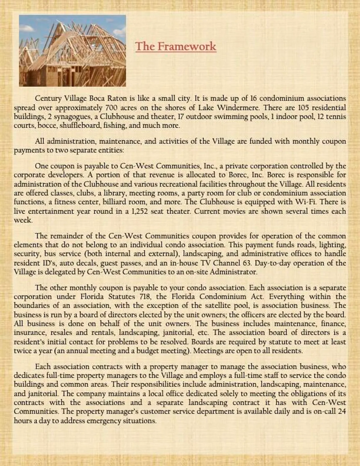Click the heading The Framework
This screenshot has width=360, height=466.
coord(175,46)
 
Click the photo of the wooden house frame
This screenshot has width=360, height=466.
coord(72,51)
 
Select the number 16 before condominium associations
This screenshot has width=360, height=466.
coord(253,98)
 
